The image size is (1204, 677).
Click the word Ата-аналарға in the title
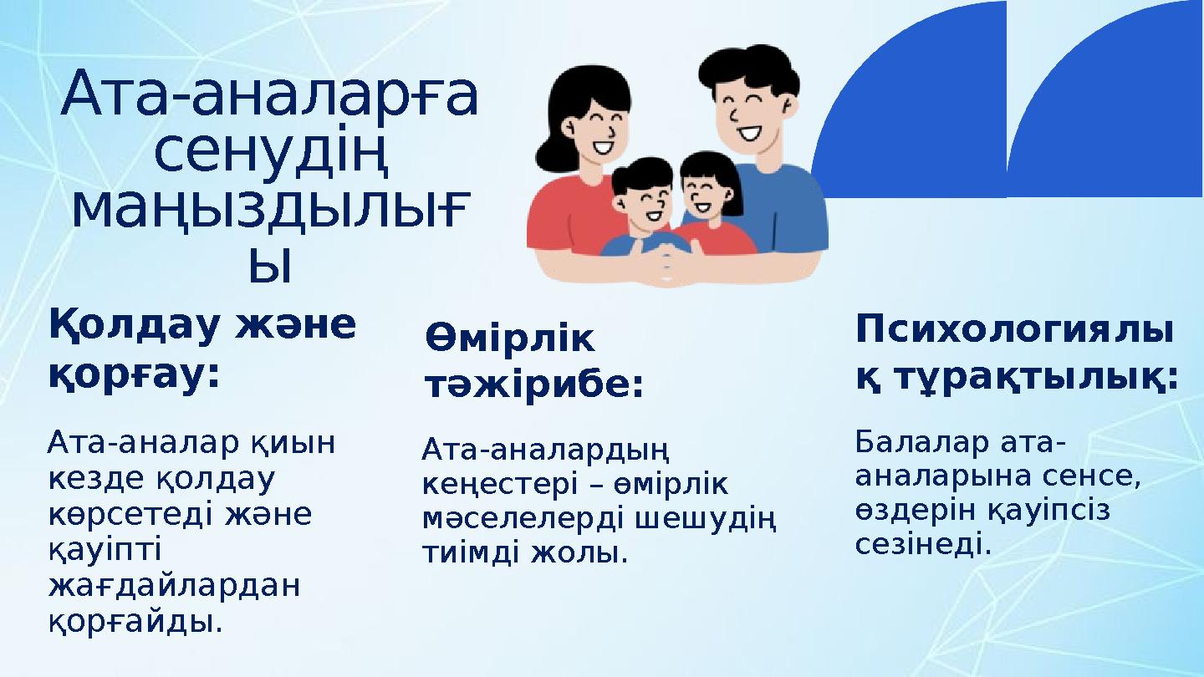269,94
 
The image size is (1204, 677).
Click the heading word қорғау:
134,375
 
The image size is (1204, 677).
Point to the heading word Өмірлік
510,339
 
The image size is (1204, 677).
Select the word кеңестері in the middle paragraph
496,484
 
